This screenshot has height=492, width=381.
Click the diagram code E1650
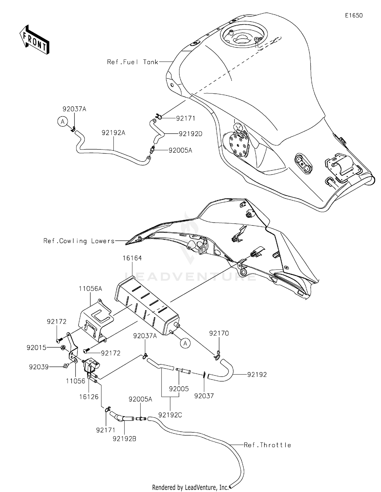pos(354,15)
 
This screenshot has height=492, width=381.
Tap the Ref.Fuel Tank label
pos(133,62)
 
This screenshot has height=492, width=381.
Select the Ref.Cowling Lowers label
pos(79,241)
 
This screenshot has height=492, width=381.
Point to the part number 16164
pos(132,258)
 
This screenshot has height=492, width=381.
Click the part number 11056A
pos(90,288)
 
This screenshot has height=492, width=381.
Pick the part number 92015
pos(37,348)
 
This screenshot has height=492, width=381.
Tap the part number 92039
pos(39,367)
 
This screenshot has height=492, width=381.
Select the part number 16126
pos(89,397)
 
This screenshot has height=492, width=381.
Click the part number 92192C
pos(170,415)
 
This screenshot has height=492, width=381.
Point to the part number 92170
pos(219,333)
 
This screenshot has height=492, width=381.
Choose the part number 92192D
pos(190,134)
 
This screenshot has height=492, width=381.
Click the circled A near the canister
pos(185,343)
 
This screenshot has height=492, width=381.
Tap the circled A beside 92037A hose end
pos(62,122)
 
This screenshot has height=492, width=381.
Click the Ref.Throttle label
pos(267,445)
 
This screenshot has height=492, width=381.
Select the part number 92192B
pos(124,438)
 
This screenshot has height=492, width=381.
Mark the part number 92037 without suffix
pos(204,396)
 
